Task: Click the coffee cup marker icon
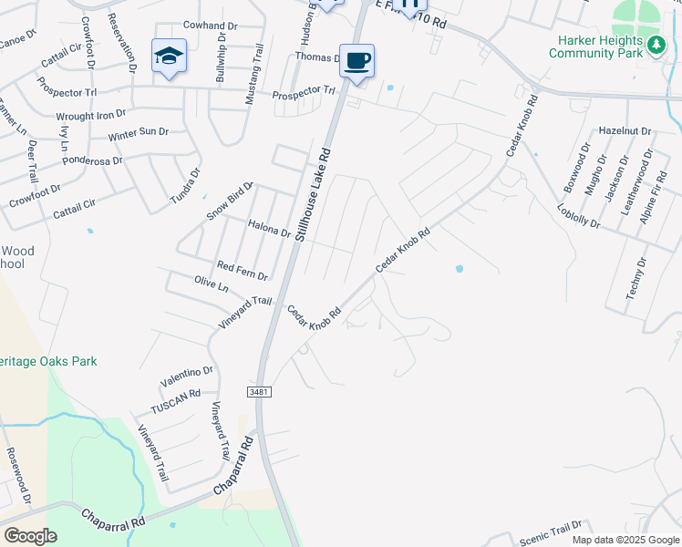point(357,60)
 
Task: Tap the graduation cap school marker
point(169,57)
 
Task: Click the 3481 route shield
point(259,390)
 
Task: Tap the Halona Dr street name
point(268,228)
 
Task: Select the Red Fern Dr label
point(242,270)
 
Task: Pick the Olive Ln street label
point(211,284)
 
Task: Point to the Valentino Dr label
point(186,371)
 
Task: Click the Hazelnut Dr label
point(625,131)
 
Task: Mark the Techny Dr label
point(635,279)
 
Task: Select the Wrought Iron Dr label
point(92,115)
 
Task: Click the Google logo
point(30,536)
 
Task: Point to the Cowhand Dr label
point(211,26)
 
